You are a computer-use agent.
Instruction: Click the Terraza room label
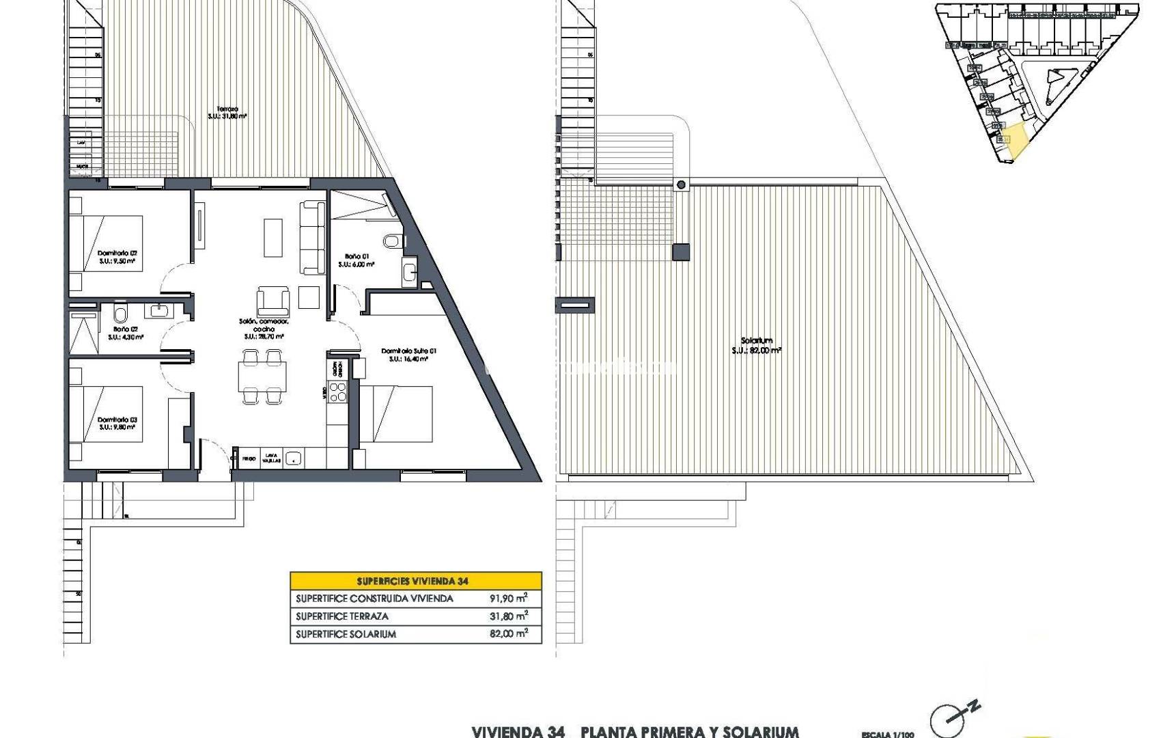(x=227, y=113)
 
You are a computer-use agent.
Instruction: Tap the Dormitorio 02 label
(x=117, y=257)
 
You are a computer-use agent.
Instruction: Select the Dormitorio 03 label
(x=117, y=423)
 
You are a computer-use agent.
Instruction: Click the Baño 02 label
(x=126, y=333)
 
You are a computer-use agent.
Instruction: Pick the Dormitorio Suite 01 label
(x=408, y=355)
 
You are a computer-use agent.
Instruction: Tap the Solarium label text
(x=756, y=345)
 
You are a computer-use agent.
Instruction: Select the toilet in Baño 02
(x=120, y=314)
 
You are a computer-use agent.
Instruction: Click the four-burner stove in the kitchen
(x=338, y=392)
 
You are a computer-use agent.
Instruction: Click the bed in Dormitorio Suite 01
(x=396, y=413)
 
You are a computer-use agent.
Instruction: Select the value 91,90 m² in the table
(x=508, y=599)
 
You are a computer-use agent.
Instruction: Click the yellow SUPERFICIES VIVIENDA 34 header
(x=415, y=581)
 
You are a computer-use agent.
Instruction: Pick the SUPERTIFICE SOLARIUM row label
(x=346, y=634)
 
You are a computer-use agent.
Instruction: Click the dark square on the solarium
(x=681, y=252)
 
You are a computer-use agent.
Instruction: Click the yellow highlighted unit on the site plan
(x=1014, y=142)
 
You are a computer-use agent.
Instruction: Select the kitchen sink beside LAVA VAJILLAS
(x=294, y=459)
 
